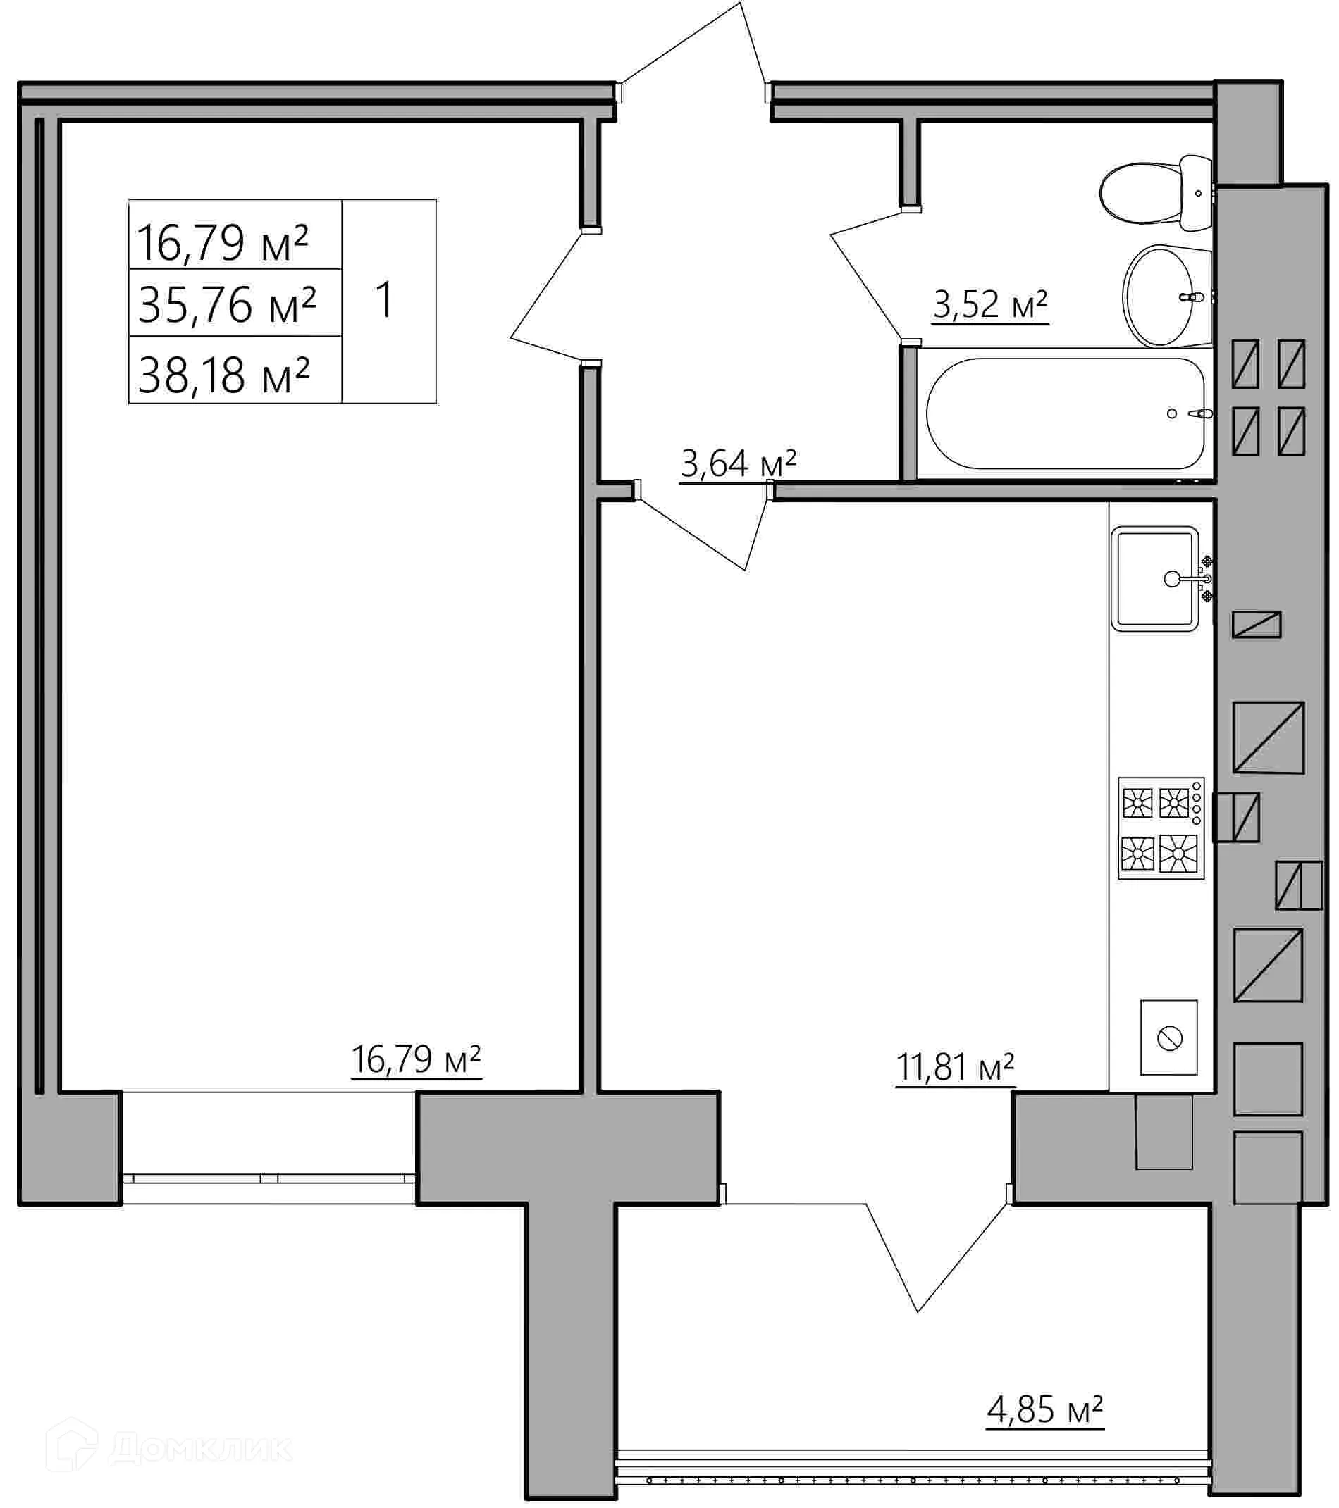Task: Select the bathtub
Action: pyautogui.click(x=1064, y=414)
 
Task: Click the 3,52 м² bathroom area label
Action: pyautogui.click(x=990, y=305)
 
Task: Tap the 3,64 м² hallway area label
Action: pyautogui.click(x=737, y=464)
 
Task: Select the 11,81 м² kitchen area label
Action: pyautogui.click(x=954, y=1067)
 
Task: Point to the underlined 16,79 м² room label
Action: pyautogui.click(x=416, y=1059)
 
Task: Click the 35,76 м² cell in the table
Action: pyautogui.click(x=228, y=304)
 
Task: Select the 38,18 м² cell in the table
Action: pyautogui.click(x=223, y=374)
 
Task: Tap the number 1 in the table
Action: pyautogui.click(x=385, y=300)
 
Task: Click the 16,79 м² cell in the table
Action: pyautogui.click(x=222, y=242)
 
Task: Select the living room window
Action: pyautogui.click(x=269, y=1178)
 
